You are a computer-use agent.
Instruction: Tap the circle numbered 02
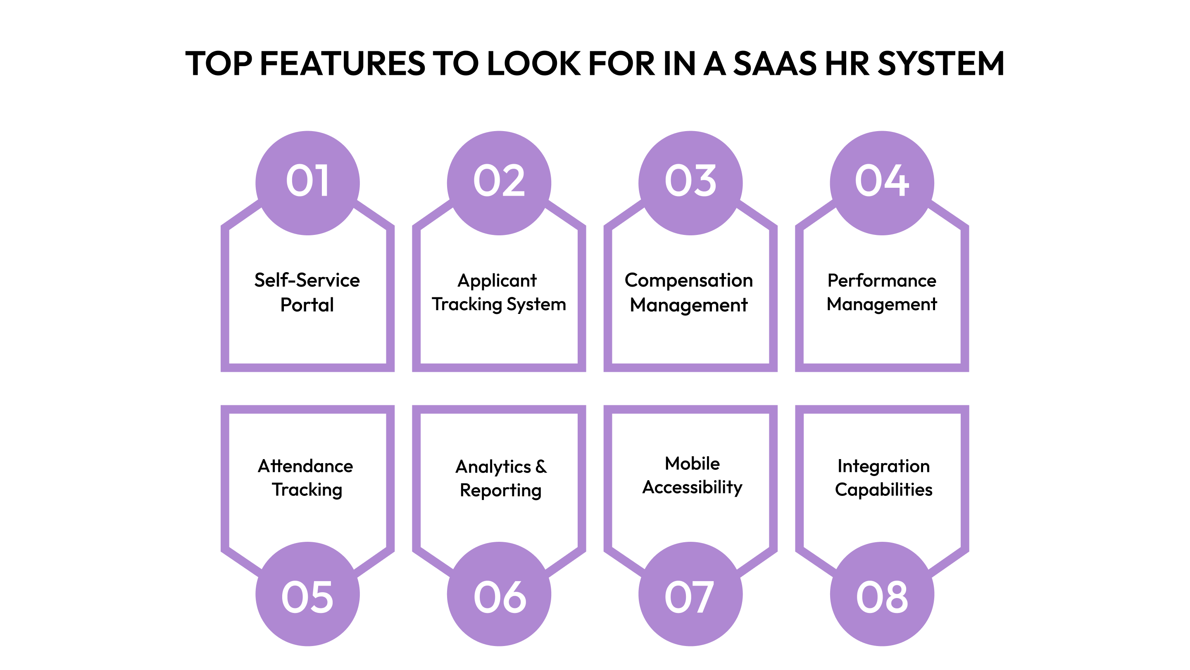point(499,183)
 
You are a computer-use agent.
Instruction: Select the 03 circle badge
point(690,183)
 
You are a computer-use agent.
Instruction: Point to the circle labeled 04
point(882,183)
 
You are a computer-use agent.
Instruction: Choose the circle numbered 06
point(499,594)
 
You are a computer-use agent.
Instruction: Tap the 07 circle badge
point(690,594)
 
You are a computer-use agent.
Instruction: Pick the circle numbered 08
point(882,594)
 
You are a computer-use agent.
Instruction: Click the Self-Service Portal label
point(307,292)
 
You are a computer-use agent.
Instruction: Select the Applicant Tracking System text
point(499,292)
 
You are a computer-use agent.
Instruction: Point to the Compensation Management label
point(689,292)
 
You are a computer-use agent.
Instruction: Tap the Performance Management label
point(882,292)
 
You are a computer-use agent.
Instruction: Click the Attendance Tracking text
point(306,478)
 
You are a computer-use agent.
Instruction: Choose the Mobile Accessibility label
point(692,475)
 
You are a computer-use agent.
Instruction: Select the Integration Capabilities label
point(883,478)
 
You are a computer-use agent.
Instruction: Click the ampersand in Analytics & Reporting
point(541,467)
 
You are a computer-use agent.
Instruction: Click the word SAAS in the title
point(775,63)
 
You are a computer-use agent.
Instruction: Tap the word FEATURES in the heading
point(342,63)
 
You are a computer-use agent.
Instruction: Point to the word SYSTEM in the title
point(940,63)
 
